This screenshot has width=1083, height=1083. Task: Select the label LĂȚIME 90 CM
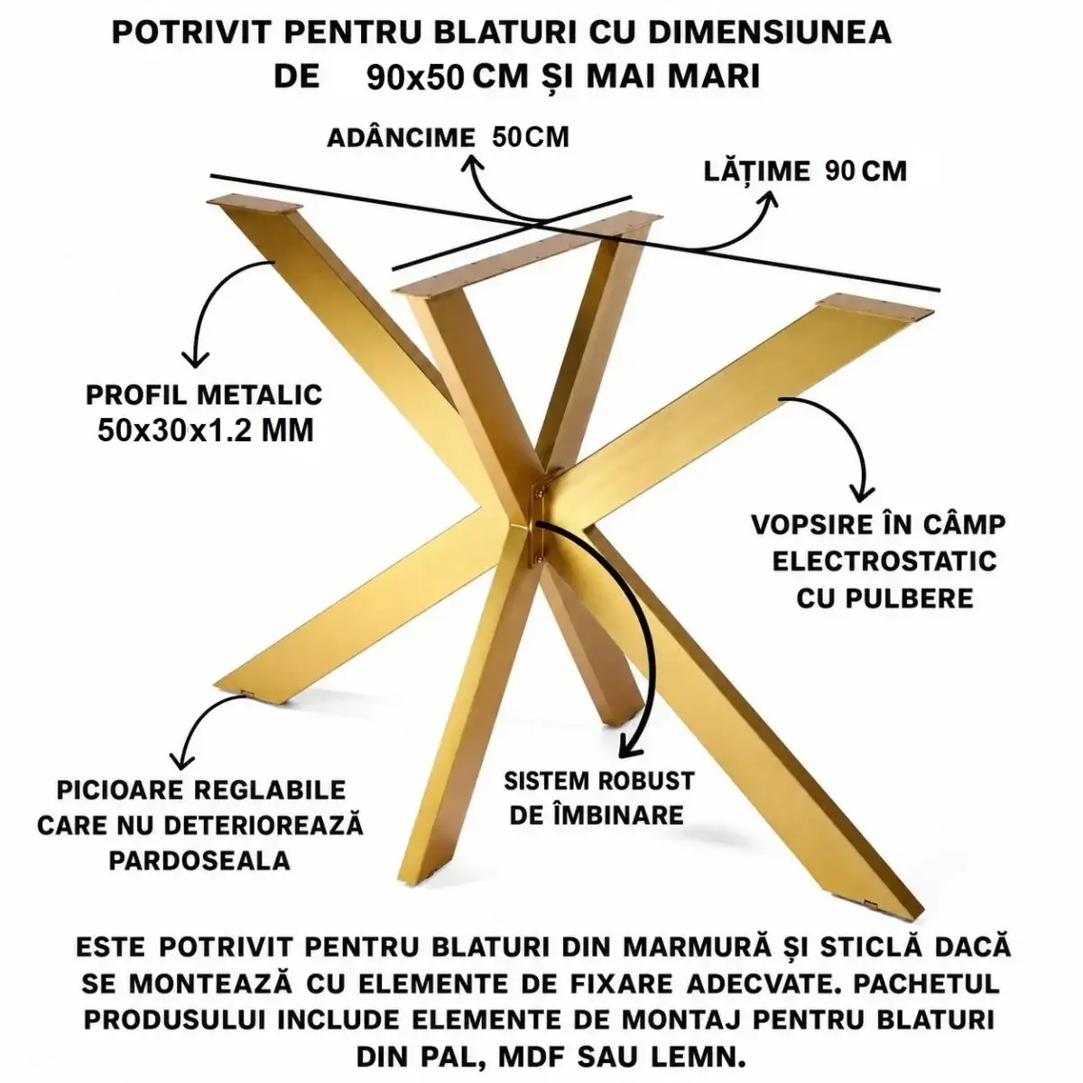click(805, 171)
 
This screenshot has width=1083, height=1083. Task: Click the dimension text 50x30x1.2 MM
click(206, 431)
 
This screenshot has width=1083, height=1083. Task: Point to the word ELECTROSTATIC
click(884, 560)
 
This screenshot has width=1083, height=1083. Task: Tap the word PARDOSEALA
click(199, 861)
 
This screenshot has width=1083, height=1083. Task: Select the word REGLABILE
click(270, 791)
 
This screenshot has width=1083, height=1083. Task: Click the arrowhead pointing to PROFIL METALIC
click(196, 359)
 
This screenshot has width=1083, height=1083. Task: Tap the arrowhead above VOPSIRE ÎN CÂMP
click(860, 492)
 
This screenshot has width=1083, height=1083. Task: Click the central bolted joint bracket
click(539, 519)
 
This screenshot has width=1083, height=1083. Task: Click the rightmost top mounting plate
click(875, 308)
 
